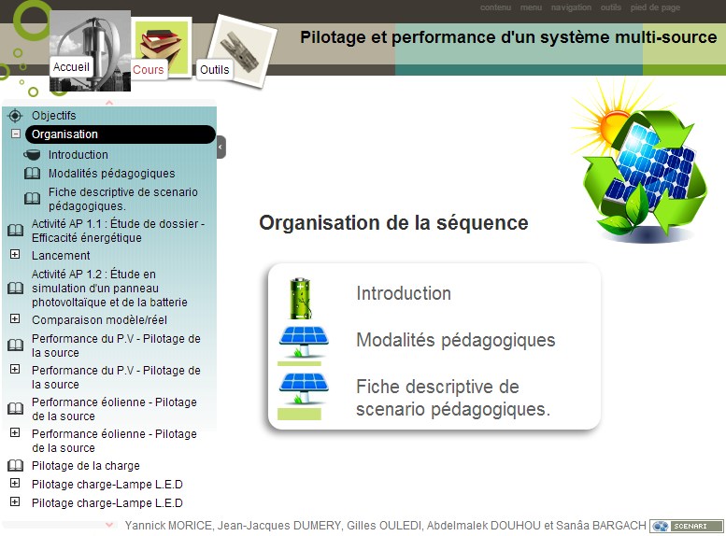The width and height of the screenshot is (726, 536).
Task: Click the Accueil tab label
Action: click(71, 67)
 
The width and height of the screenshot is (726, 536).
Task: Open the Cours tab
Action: click(149, 70)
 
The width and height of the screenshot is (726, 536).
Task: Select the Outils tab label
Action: click(214, 70)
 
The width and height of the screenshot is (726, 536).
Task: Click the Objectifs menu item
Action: click(53, 115)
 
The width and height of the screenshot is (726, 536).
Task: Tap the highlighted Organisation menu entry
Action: click(121, 134)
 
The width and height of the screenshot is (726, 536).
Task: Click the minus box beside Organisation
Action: click(16, 134)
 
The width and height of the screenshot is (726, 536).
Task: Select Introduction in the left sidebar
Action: click(78, 155)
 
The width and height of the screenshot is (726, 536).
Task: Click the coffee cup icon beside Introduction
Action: click(32, 155)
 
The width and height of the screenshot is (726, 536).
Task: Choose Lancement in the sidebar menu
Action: click(61, 256)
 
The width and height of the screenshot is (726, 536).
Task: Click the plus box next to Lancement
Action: click(15, 254)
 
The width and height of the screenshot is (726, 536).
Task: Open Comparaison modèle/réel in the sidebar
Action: click(99, 320)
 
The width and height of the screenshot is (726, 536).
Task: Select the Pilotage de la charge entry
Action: click(86, 466)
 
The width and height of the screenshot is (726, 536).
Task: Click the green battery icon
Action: click(300, 299)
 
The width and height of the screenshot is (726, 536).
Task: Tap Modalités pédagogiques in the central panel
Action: click(456, 340)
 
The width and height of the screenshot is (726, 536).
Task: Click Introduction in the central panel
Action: click(404, 293)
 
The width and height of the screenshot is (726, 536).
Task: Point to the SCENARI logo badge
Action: click(686, 527)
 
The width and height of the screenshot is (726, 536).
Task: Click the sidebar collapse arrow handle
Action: click(221, 148)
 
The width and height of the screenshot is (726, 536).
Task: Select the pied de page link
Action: click(655, 7)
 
